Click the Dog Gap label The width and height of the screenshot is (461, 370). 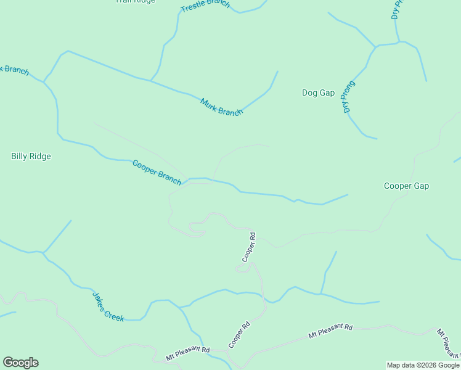point(318,93)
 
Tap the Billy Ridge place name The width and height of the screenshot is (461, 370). point(31,156)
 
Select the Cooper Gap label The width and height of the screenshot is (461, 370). point(406,186)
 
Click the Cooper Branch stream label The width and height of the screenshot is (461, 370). point(157,172)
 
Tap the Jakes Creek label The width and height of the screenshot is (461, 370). point(108,306)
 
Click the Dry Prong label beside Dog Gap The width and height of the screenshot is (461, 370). point(349,97)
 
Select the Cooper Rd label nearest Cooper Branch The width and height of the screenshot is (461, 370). point(249,247)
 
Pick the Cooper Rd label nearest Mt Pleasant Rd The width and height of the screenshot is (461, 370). point(239,334)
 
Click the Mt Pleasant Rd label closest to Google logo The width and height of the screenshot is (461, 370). point(188,353)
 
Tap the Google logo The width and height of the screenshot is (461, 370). point(20,363)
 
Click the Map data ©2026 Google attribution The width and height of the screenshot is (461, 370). point(423,365)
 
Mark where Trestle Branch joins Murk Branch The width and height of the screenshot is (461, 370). point(150,80)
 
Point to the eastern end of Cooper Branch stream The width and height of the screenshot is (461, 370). point(348,195)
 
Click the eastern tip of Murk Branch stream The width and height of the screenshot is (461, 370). point(278,72)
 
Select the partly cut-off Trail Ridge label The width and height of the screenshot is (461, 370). point(136,1)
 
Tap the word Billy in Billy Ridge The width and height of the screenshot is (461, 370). point(20,156)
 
